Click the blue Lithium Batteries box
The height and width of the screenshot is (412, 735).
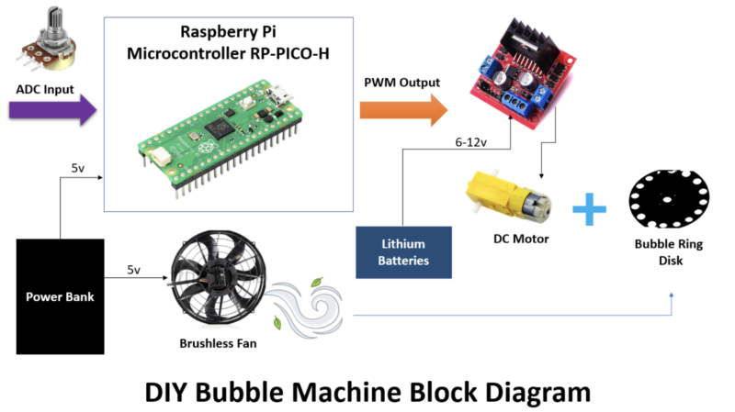click(x=405, y=251)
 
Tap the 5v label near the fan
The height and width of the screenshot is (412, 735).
click(x=134, y=270)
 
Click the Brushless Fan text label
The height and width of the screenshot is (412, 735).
click(x=218, y=345)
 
